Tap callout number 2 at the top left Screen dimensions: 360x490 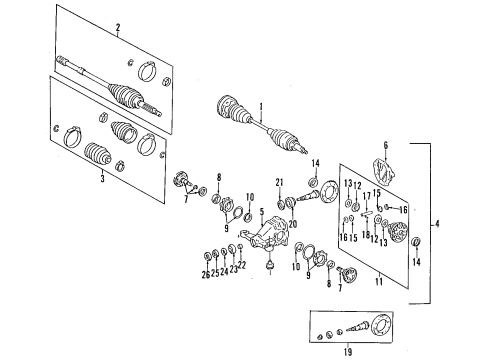click(117, 28)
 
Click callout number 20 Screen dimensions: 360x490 click(294, 226)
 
